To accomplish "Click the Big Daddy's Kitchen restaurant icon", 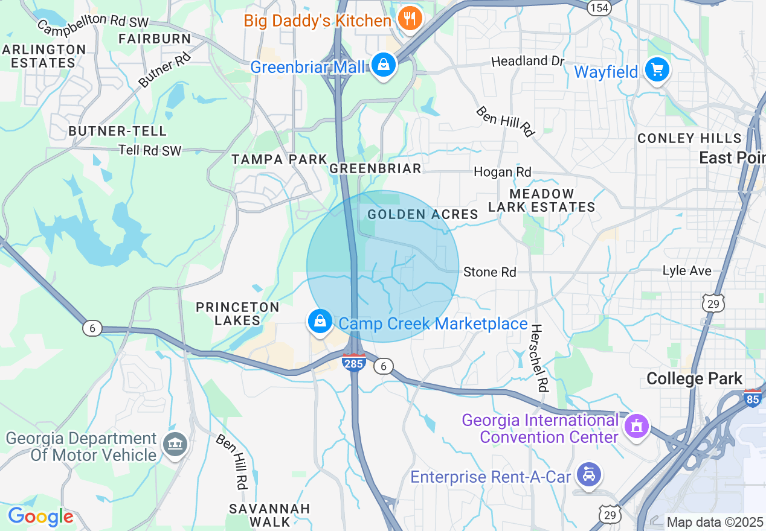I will pyautogui.click(x=411, y=19).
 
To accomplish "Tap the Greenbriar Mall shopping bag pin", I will pyautogui.click(x=383, y=65).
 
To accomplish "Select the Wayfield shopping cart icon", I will pyautogui.click(x=657, y=70).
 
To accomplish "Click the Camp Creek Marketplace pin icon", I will pyautogui.click(x=320, y=322).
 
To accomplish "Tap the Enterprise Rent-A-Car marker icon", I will pyautogui.click(x=588, y=474).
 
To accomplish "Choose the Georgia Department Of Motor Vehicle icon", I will pyautogui.click(x=175, y=445).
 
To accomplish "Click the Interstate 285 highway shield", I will pyautogui.click(x=353, y=363).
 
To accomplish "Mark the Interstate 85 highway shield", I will pyautogui.click(x=752, y=399).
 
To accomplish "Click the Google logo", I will pyautogui.click(x=40, y=517).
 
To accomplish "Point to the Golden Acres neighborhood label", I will pyautogui.click(x=423, y=214).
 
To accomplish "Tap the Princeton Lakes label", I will pyautogui.click(x=237, y=314).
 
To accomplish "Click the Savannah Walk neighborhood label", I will pyautogui.click(x=269, y=515).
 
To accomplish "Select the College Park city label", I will pyautogui.click(x=694, y=379).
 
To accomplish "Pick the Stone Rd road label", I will pyautogui.click(x=489, y=272).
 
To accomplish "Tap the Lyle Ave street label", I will pyautogui.click(x=687, y=271).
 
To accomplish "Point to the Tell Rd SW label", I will pyautogui.click(x=150, y=150).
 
